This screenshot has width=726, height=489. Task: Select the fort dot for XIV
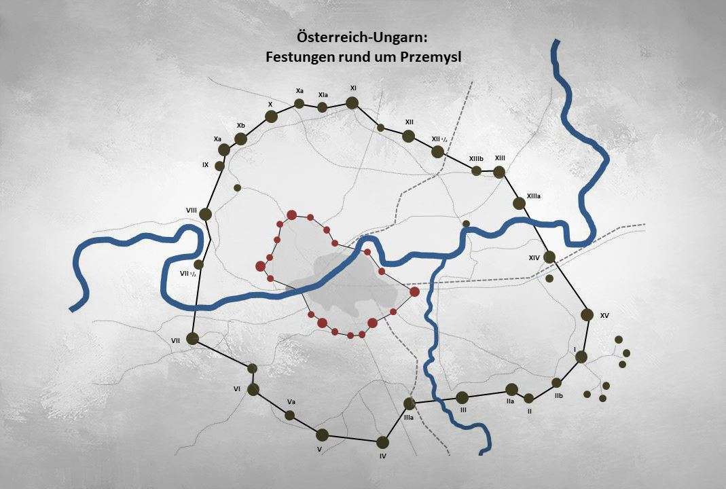point(549,257)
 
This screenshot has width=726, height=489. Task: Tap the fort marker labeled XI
point(352,103)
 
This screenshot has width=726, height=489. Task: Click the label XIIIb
point(475,159)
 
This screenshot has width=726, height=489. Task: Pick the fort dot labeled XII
point(408,136)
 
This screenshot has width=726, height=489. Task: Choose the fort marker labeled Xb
point(240,139)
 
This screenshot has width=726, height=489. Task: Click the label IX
point(205,164)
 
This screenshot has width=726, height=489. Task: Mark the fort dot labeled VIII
point(206,214)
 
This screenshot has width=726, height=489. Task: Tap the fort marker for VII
point(192,338)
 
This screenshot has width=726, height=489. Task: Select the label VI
point(237,388)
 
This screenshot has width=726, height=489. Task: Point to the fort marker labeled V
point(322,435)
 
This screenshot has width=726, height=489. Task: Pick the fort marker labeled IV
point(383,441)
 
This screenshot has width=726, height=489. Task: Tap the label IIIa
point(409,418)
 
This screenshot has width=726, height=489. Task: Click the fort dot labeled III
point(462,397)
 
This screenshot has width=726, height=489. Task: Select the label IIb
point(558,395)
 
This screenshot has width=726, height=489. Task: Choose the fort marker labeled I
point(581,357)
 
